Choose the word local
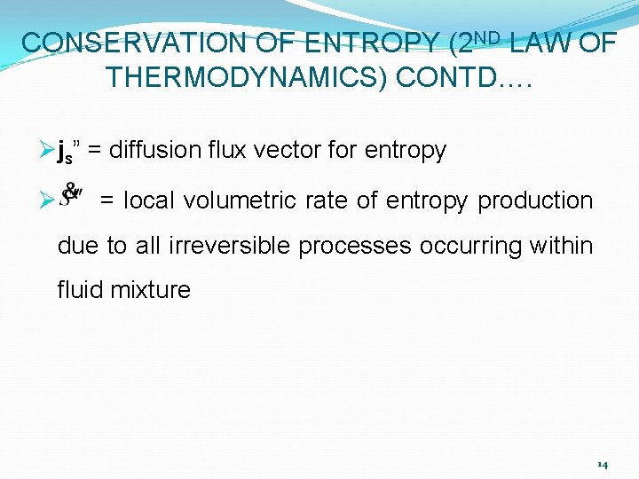pos(146,200)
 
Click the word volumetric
pos(229,200)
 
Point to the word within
pos(561,245)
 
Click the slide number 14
pos(603,464)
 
